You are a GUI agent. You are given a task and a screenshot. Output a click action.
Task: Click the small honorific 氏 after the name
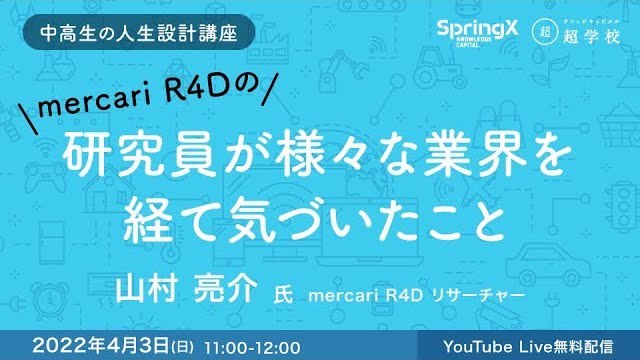[284, 297]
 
